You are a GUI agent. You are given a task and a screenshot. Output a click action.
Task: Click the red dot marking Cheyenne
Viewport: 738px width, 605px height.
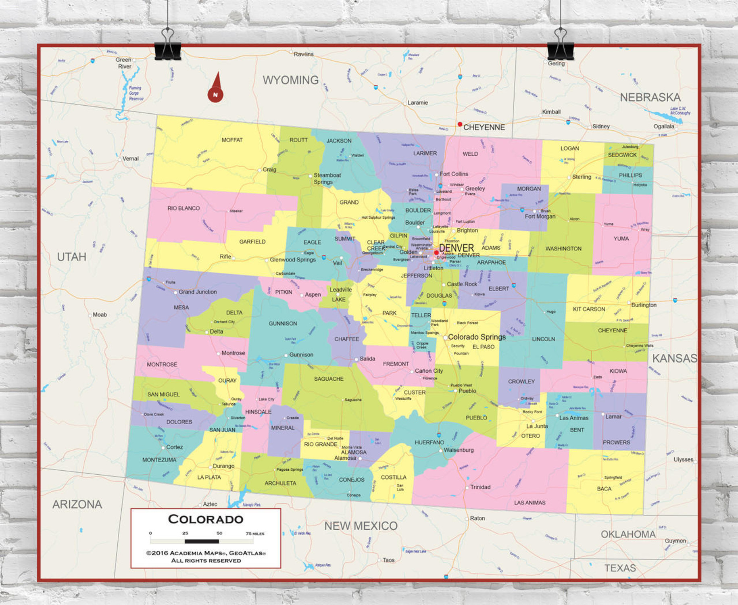pos(460,124)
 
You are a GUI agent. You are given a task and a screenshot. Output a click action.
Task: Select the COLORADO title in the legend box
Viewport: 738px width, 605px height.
pos(206,519)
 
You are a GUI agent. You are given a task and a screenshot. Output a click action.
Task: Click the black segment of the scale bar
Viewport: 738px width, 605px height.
pos(202,541)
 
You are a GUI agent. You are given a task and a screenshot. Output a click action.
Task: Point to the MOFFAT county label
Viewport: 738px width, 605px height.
pos(232,140)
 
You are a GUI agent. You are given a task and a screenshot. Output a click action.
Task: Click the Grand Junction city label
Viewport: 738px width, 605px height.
pos(198,292)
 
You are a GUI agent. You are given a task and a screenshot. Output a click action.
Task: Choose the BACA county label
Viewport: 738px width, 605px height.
pos(604,488)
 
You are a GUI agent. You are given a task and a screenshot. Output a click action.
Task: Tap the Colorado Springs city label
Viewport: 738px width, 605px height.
pos(477,337)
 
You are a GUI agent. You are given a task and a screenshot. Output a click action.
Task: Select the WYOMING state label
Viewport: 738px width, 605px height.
pos(290,80)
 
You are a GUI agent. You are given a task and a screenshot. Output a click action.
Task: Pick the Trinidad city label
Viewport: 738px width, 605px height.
pos(480,487)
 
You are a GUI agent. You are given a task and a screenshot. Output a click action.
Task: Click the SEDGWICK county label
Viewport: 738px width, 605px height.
pos(622,155)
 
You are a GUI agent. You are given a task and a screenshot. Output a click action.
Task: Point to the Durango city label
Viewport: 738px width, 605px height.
pos(223,466)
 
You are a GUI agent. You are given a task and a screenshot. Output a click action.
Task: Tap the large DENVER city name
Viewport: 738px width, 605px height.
pos(456,248)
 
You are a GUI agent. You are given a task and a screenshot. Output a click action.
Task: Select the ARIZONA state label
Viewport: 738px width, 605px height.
pos(77,504)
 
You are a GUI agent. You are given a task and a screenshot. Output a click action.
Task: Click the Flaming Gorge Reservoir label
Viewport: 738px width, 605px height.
pos(136,93)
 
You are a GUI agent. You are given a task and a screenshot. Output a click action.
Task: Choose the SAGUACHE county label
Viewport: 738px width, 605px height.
pos(329,379)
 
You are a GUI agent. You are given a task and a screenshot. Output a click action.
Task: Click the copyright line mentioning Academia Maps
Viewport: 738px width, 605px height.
pos(206,553)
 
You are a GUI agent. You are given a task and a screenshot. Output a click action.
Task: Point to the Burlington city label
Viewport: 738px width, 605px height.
pos(644,305)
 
